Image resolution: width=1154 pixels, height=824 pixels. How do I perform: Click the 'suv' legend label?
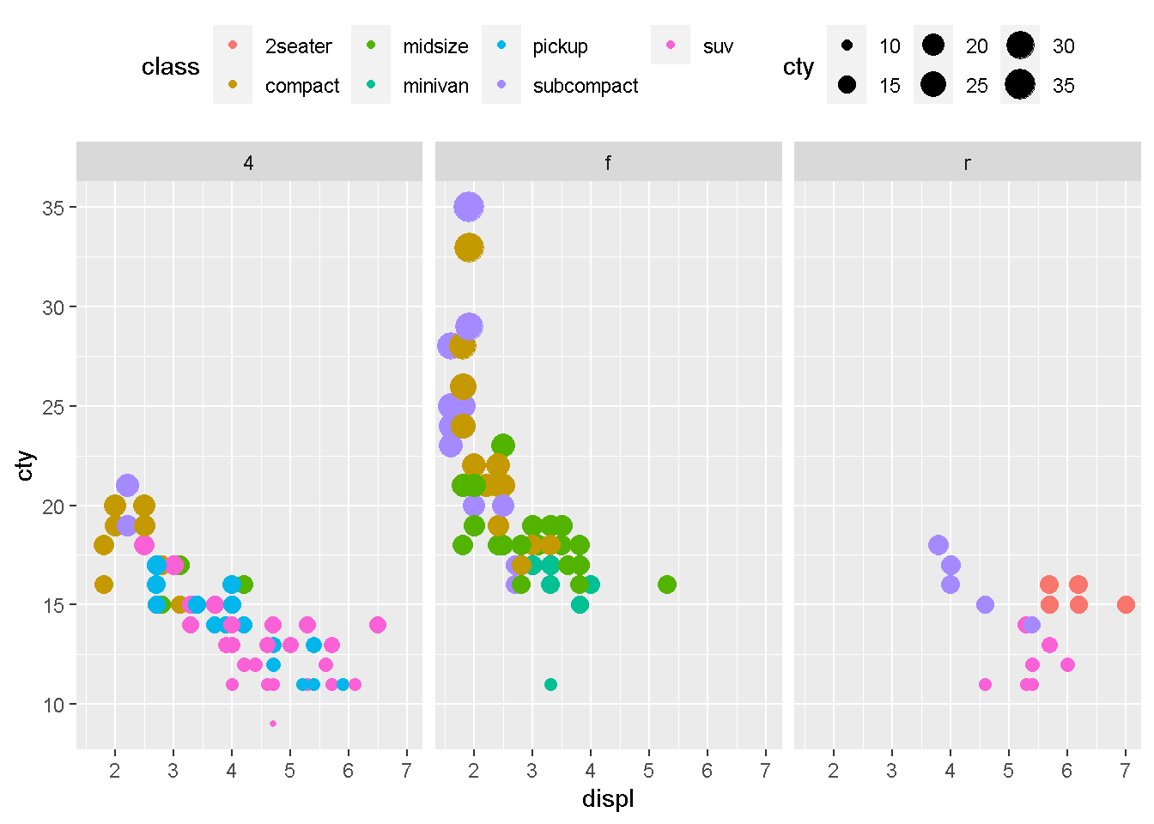717,46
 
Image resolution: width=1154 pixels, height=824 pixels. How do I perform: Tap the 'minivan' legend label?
435,86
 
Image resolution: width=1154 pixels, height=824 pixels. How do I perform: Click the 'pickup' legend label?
560,46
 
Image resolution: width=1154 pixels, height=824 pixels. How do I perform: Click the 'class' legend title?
170,67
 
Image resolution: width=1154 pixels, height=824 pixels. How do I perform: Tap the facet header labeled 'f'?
608,162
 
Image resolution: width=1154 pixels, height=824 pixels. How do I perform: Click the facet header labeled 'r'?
967,162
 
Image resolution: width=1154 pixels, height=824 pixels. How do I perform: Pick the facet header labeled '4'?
249,162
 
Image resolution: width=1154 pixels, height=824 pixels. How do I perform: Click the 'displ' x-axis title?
608,799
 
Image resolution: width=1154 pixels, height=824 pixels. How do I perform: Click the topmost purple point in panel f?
468,207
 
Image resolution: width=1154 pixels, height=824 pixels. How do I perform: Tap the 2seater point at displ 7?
1126,604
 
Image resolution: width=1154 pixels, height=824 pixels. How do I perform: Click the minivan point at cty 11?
550,684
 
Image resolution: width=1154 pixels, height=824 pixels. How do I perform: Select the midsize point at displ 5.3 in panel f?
666,585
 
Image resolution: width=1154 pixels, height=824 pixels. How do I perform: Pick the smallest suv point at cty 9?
273,724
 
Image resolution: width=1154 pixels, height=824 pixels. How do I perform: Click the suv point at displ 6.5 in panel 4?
378,625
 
